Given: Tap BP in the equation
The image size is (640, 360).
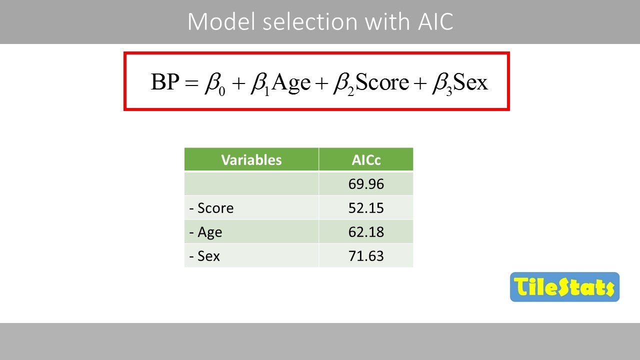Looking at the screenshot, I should click(164, 82).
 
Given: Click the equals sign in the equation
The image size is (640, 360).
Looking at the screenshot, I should click(191, 83).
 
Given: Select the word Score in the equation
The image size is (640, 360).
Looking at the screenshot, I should click(382, 82).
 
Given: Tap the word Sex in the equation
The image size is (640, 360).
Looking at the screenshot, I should click(470, 82).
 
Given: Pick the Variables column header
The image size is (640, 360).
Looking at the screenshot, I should click(251, 159).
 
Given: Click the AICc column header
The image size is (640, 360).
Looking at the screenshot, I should click(366, 159).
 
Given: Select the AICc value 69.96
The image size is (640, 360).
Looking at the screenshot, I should click(366, 184).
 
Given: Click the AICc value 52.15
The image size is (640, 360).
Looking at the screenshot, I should click(366, 208).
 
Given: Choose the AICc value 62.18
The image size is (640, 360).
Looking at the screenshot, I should click(366, 232).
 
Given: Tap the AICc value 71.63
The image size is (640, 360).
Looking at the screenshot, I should click(366, 256).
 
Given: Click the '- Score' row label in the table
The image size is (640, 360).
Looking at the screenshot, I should click(211, 208).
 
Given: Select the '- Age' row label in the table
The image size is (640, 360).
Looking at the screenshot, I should click(206, 232).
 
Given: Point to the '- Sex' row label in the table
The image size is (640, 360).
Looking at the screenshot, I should click(205, 256).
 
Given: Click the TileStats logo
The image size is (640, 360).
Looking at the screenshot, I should click(564, 287).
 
